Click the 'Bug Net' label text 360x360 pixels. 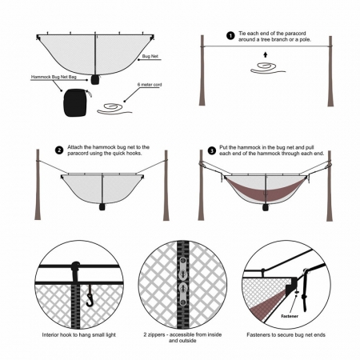[x=150, y=57]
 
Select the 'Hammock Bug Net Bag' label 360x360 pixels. [x=52, y=78]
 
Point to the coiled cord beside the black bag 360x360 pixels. [x=113, y=107]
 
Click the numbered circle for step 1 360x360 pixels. [x=230, y=36]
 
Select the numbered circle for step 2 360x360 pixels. [x=59, y=150]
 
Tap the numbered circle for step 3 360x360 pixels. [x=211, y=150]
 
